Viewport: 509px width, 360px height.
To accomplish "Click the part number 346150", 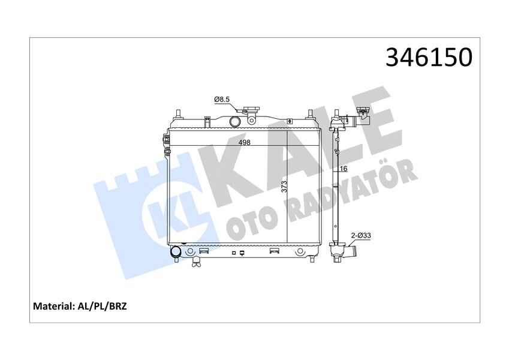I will click(x=429, y=58).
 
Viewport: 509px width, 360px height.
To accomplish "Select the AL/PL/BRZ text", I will click(x=101, y=306).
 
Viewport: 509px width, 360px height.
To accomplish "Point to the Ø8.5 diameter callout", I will click(x=223, y=100).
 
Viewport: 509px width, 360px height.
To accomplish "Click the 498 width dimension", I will click(x=244, y=143).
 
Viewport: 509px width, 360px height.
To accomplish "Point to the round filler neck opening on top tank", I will click(x=234, y=121).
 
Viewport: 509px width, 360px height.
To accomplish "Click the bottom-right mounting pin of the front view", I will click(x=311, y=259).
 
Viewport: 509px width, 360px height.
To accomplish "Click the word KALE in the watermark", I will click(x=300, y=150).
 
